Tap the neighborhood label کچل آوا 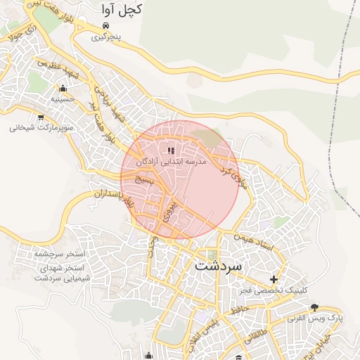pyautogui.click(x=122, y=10)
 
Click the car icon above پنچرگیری pyautogui.click(x=105, y=25)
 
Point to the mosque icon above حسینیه pyautogui.click(x=63, y=89)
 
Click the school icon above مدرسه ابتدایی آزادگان pyautogui.click(x=170, y=150)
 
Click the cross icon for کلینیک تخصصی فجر pyautogui.click(x=274, y=279)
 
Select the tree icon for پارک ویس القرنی pyautogui.click(x=314, y=307)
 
